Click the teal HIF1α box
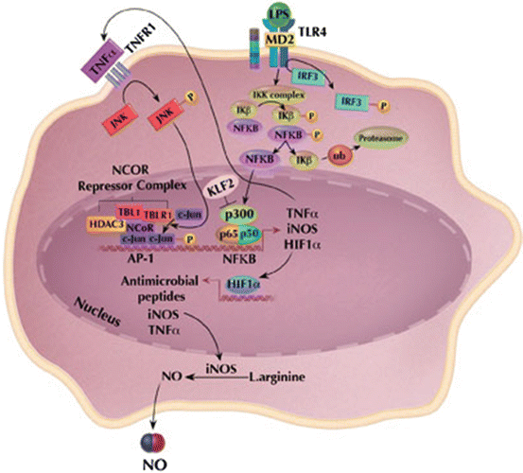click(x=253, y=281)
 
